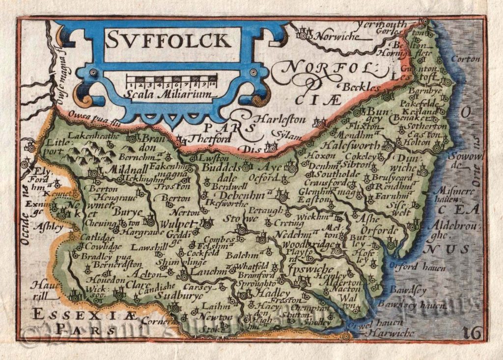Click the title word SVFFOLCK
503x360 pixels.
(x=172, y=40)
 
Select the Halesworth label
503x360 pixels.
(x=350, y=145)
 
